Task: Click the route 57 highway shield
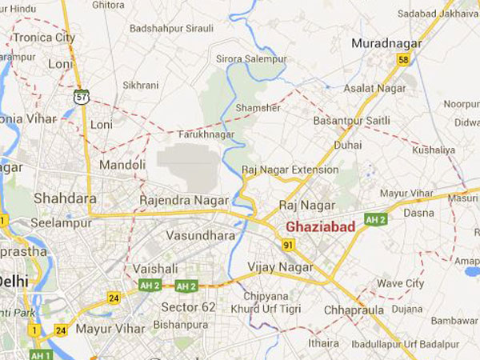click(x=82, y=96)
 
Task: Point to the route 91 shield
click(x=287, y=244)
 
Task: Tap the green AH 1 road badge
click(x=41, y=354)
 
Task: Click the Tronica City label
click(x=44, y=38)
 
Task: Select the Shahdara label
click(x=65, y=198)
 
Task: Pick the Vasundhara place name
click(x=201, y=236)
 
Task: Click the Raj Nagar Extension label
click(x=290, y=170)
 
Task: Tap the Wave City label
click(x=400, y=283)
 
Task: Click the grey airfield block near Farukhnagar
click(x=187, y=166)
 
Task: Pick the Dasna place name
click(x=419, y=213)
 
